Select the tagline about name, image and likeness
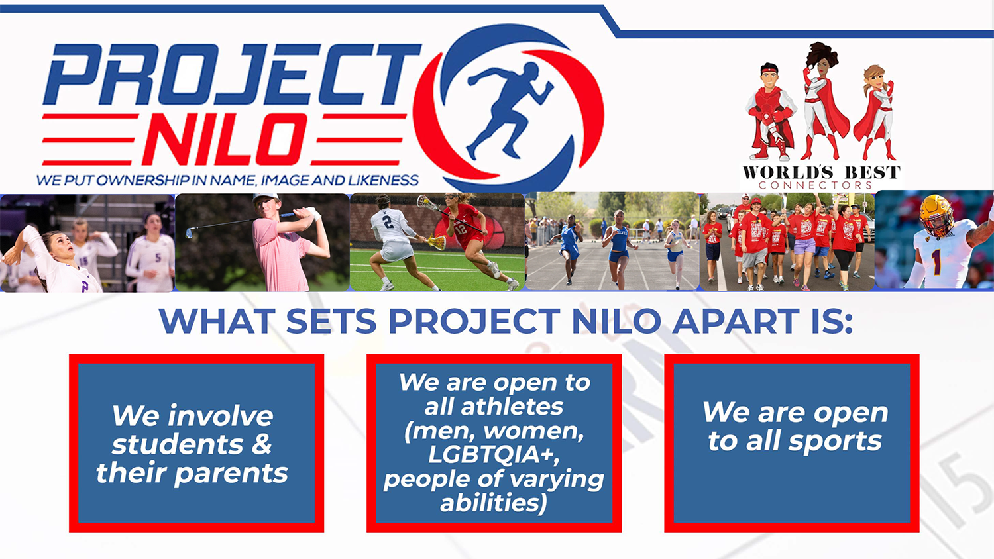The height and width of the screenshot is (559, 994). tap(227, 180)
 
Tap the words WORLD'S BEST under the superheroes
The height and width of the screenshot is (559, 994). tap(822, 172)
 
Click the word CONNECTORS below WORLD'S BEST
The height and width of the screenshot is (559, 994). tap(816, 185)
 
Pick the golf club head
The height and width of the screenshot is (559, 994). tap(189, 233)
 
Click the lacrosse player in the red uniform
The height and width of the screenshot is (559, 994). tap(470, 240)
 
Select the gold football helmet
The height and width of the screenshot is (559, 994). tap(937, 215)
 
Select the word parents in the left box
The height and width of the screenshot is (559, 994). tap(231, 474)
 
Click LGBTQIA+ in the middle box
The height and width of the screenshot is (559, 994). tap(494, 455)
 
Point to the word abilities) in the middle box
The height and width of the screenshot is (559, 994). tap(494, 503)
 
